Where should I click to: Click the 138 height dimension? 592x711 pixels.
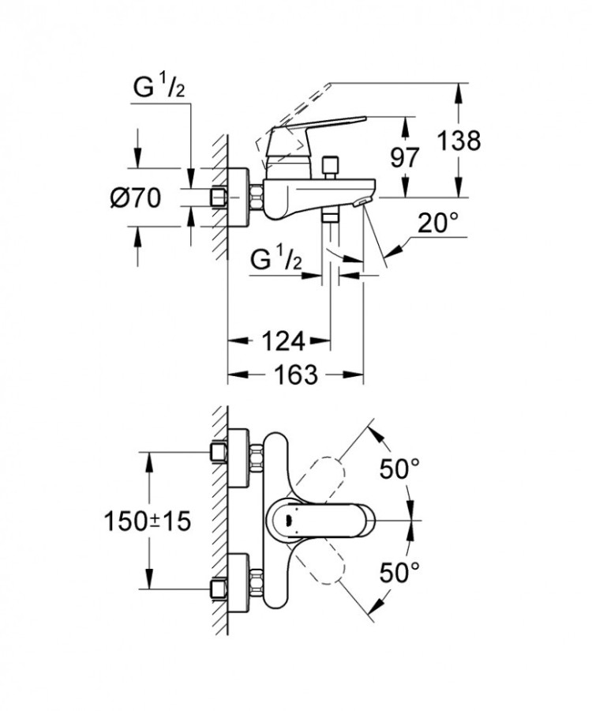coord(461,141)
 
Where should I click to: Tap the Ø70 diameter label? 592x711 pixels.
coord(135,197)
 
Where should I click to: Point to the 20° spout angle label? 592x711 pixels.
coord(438,224)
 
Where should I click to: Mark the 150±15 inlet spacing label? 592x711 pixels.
coord(148,521)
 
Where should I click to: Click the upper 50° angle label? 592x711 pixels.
coord(398,469)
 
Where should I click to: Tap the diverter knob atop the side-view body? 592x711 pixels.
coord(329,167)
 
